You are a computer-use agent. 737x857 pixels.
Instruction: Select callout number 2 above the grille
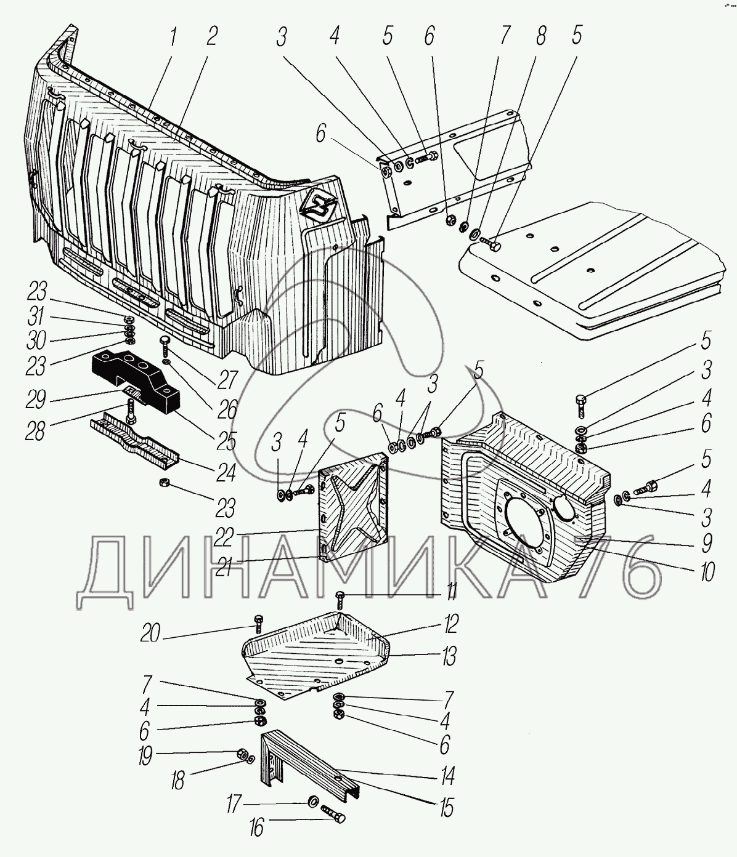211,38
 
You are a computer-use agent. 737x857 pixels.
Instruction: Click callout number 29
36,400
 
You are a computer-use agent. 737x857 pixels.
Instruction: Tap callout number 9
707,542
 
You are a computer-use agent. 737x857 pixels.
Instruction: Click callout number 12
450,625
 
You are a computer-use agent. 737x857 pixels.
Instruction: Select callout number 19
145,756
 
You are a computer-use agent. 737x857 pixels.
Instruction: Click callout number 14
447,776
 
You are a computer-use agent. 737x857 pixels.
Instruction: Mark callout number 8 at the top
541,37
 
